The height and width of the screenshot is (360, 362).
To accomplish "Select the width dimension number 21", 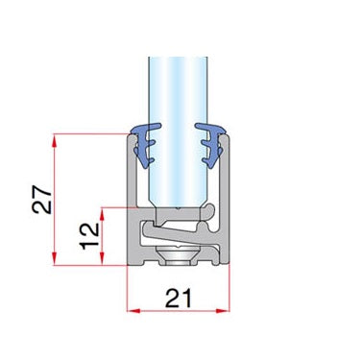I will (180, 298).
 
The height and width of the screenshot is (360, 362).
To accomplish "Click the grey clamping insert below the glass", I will (178, 230).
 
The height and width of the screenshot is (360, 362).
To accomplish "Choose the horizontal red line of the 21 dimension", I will (181, 310).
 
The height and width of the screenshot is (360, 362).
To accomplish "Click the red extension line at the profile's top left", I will (91, 133).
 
